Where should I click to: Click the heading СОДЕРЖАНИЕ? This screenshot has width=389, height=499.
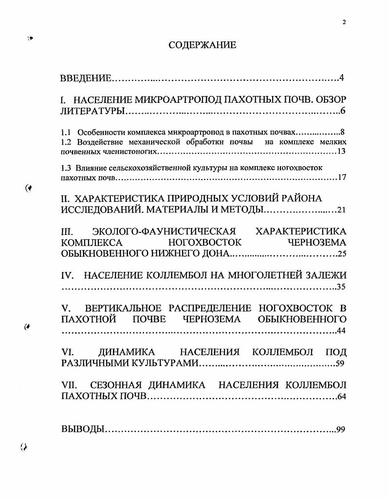202,45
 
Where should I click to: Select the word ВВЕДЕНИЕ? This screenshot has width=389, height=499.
86,78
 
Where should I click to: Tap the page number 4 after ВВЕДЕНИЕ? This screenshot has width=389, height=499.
342,78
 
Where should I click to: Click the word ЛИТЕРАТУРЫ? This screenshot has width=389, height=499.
93,112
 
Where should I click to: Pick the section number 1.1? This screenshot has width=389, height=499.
66,132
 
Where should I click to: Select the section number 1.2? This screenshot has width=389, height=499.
66,142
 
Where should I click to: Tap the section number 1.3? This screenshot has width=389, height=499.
66,168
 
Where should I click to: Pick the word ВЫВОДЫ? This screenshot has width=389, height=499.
82,429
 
